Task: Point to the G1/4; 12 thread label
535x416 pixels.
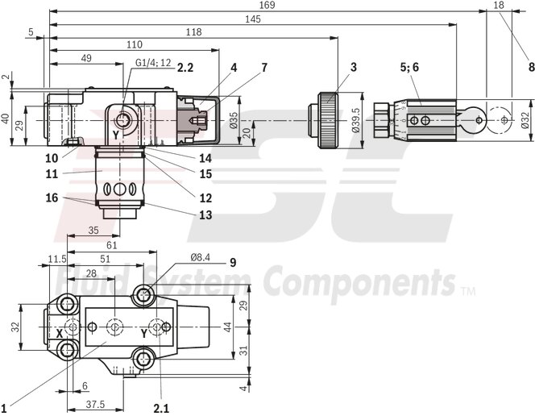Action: click(x=153, y=63)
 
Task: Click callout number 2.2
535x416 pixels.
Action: click(x=186, y=69)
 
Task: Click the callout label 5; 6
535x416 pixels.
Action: click(x=409, y=68)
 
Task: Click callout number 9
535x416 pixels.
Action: click(x=233, y=261)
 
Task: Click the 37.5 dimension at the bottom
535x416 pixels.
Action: click(x=97, y=405)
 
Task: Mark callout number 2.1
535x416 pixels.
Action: click(x=162, y=407)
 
